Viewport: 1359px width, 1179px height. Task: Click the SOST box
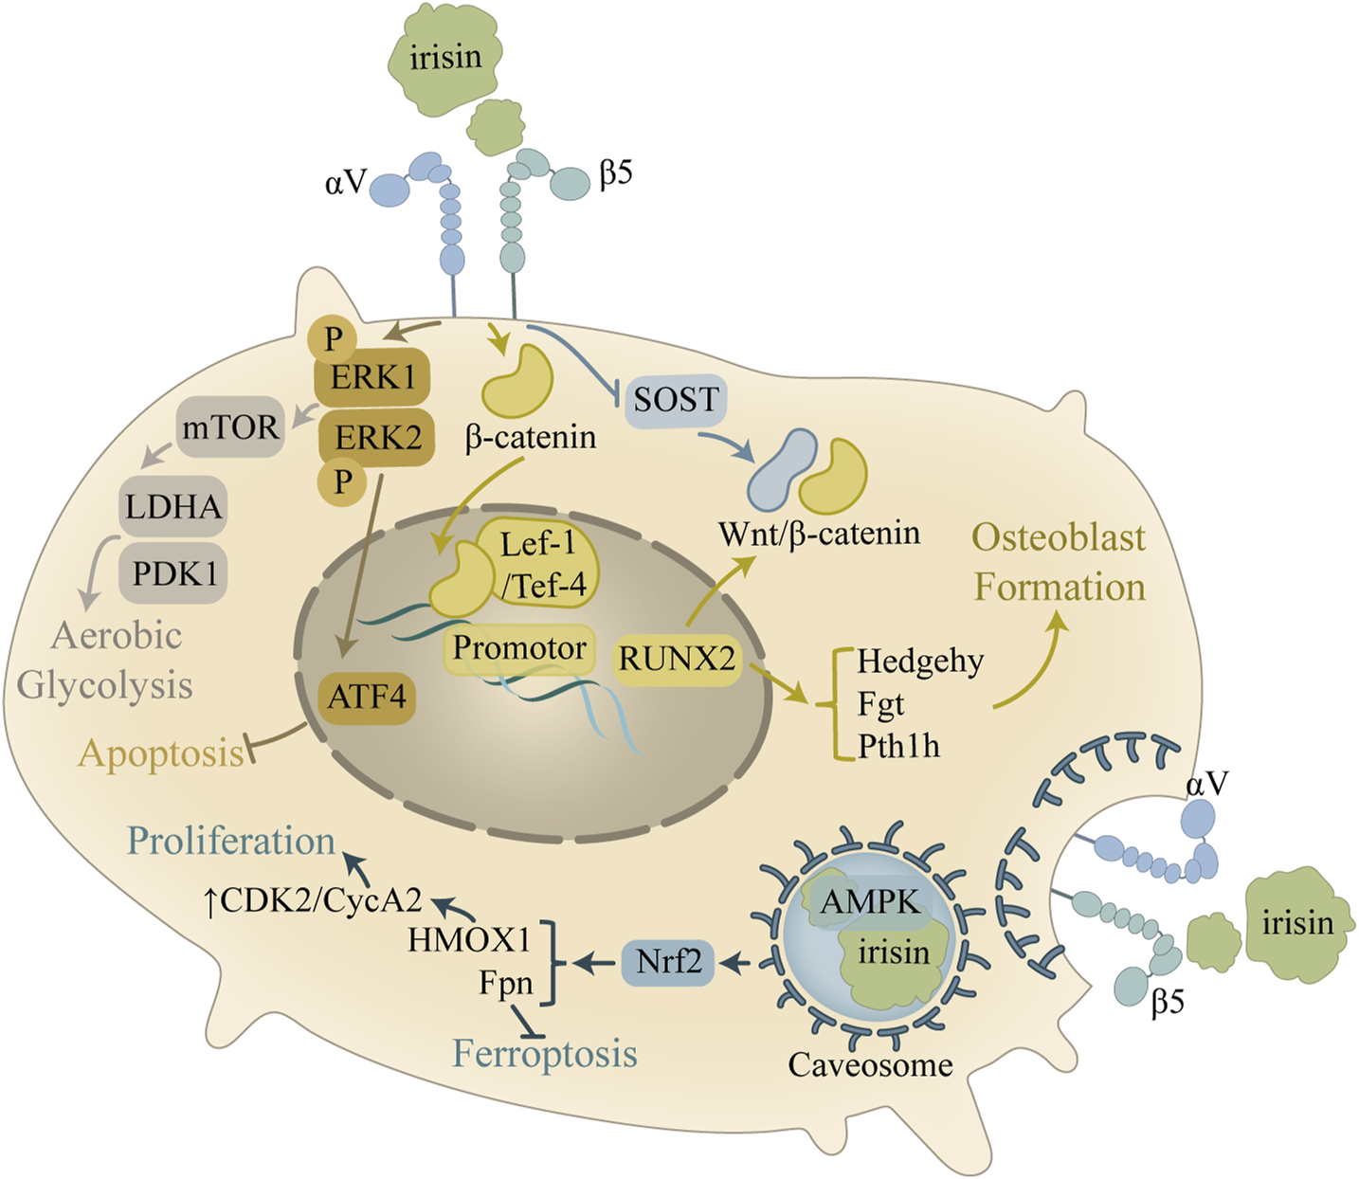(677, 400)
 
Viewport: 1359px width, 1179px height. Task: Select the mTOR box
(230, 427)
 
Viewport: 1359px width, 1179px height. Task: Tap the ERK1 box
(372, 378)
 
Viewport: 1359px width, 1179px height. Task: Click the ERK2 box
(377, 438)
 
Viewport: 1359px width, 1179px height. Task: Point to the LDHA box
(173, 506)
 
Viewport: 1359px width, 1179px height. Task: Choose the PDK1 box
(174, 573)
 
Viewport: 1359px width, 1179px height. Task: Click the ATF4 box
(367, 698)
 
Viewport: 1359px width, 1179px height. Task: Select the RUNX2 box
(677, 658)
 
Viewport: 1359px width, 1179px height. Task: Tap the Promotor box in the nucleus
(519, 648)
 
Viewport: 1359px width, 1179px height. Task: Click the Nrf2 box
(668, 962)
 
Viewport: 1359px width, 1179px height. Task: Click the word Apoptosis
(161, 753)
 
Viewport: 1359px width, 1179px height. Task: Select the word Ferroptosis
(545, 1053)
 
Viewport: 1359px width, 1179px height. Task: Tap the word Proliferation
(231, 841)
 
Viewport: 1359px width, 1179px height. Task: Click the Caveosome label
(870, 1064)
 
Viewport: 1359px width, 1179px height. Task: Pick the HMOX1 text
(469, 939)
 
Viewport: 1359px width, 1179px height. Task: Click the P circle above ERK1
(334, 338)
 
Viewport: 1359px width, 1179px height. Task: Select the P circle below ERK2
(343, 481)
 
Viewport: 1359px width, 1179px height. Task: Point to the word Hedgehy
(920, 661)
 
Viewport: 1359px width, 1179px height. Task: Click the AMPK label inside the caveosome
(869, 901)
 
